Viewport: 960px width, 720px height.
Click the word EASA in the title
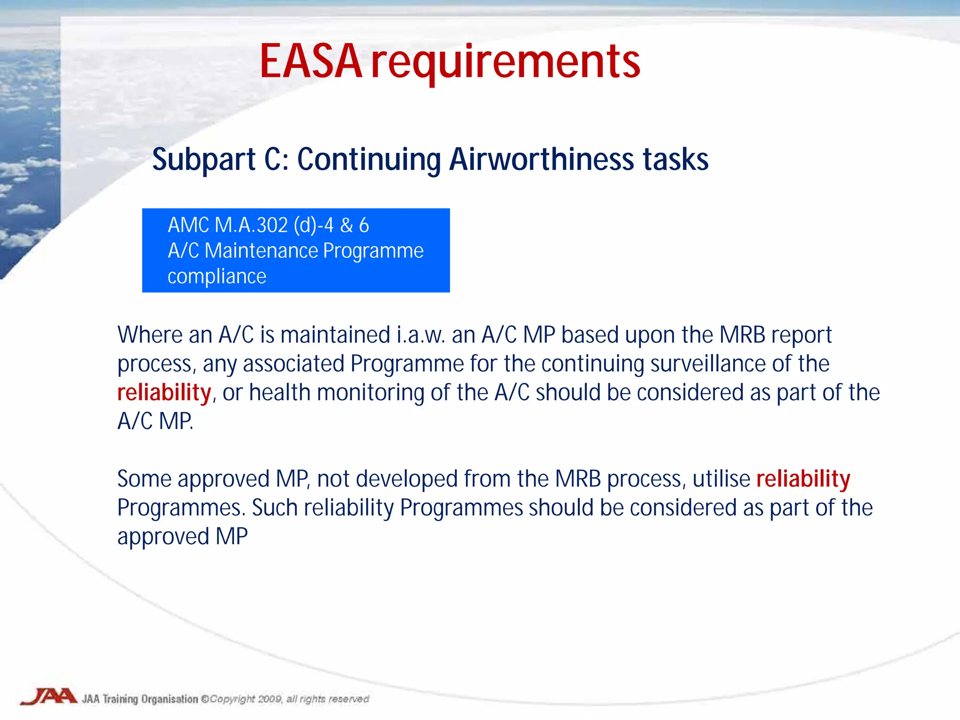311,62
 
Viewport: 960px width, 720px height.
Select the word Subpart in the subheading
204,160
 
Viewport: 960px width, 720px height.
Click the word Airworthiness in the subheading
542,159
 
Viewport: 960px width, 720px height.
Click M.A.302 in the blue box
251,225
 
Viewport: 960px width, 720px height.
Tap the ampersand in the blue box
346,225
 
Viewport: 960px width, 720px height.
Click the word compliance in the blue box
217,277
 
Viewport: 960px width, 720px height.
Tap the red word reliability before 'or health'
164,393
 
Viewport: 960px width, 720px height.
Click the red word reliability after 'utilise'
803,479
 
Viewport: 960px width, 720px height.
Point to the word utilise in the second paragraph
721,479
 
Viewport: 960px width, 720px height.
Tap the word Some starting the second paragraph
144,479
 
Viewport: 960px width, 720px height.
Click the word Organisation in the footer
170,699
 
